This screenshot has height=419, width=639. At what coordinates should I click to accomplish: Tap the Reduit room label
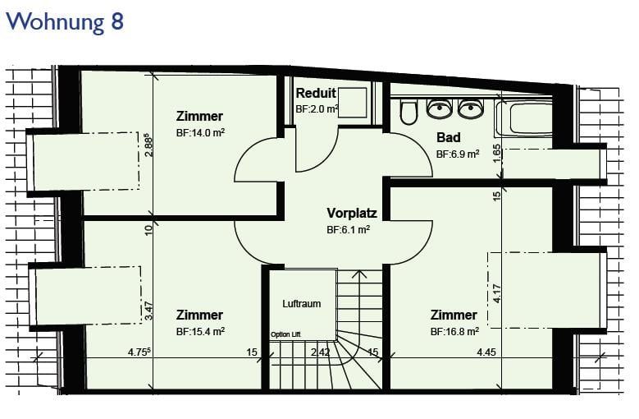[x=315, y=93]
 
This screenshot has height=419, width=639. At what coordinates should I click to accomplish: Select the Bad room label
[x=448, y=137]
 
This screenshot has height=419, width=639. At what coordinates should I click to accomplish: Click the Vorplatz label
[x=351, y=213]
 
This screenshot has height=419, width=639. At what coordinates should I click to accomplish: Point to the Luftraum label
[x=301, y=303]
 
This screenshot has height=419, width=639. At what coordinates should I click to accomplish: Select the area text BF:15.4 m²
[x=200, y=331]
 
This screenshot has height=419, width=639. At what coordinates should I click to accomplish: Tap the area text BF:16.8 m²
[x=454, y=331]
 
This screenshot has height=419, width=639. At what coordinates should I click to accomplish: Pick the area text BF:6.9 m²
[x=457, y=154]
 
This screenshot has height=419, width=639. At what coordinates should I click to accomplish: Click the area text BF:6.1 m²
[x=348, y=230]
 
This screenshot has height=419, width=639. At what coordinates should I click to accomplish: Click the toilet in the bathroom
[x=408, y=112]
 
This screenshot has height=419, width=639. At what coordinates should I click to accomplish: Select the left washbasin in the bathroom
[x=440, y=108]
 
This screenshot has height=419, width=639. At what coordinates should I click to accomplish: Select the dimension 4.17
[x=496, y=293]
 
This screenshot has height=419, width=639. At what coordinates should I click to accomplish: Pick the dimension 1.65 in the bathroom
[x=496, y=153]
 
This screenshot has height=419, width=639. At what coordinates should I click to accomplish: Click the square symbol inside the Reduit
[x=353, y=103]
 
